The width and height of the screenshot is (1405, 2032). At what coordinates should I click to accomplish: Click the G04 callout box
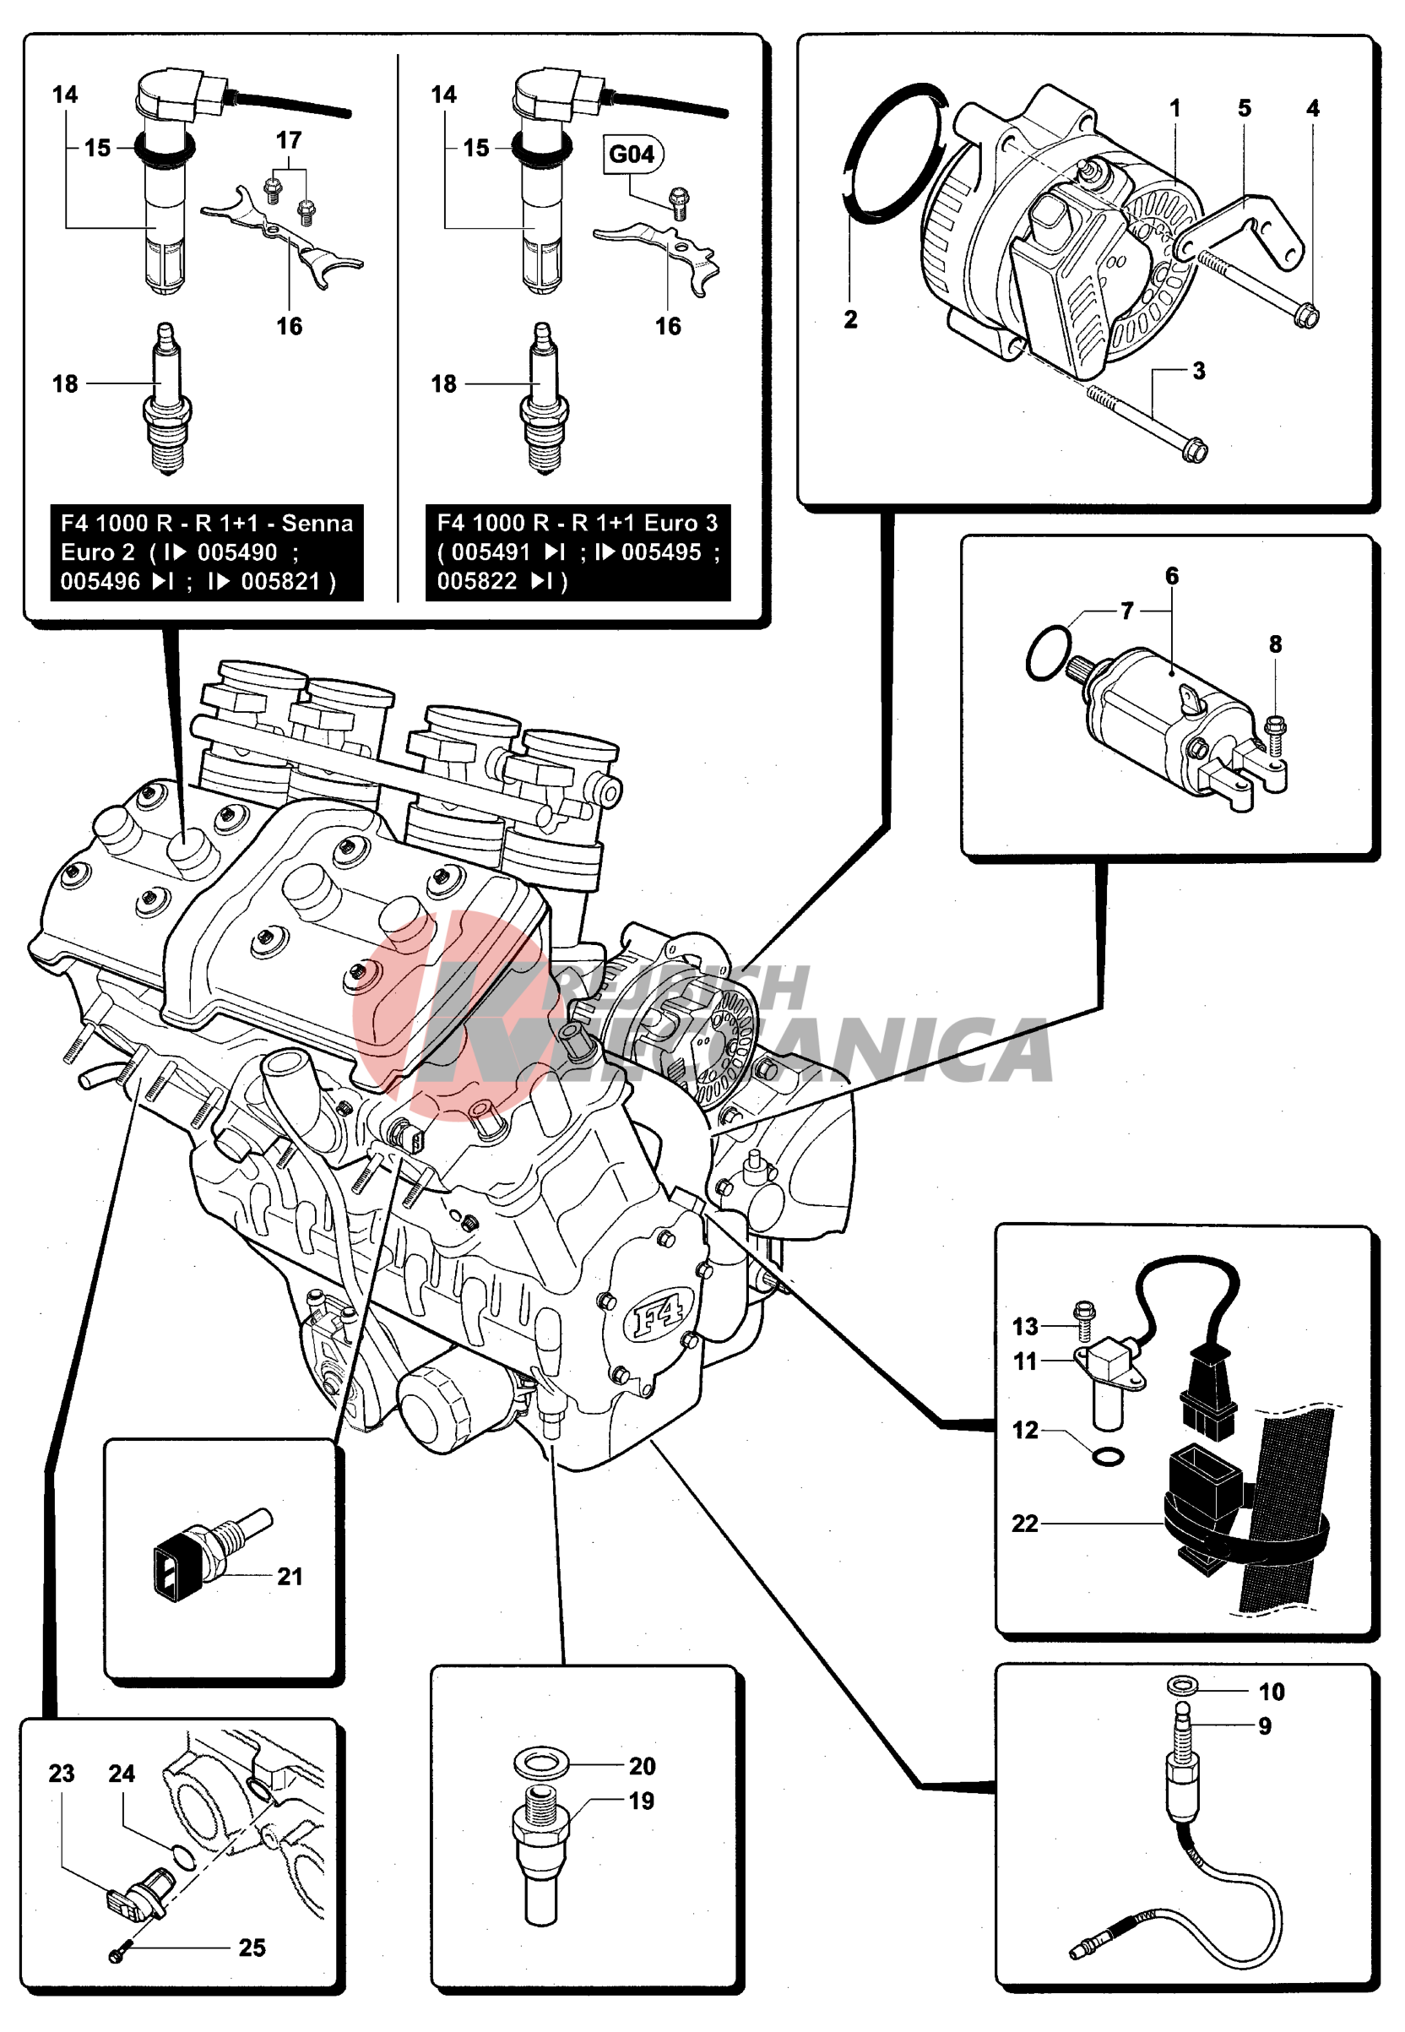click(x=632, y=154)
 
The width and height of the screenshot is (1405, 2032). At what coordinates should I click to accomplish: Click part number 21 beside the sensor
click(x=290, y=1576)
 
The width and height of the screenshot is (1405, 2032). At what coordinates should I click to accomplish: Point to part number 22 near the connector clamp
click(x=1025, y=1523)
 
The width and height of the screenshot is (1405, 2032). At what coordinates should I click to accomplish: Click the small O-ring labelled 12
click(x=1108, y=1458)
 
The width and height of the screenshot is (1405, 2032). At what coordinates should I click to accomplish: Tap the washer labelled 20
click(x=541, y=1764)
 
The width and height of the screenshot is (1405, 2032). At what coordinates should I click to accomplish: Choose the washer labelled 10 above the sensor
click(x=1182, y=1685)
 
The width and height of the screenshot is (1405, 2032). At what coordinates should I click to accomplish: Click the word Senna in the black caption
click(x=317, y=523)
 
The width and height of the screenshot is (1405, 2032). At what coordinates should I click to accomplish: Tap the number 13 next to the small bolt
click(x=1025, y=1326)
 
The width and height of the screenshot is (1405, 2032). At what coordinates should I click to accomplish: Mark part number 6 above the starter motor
click(x=1172, y=576)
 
